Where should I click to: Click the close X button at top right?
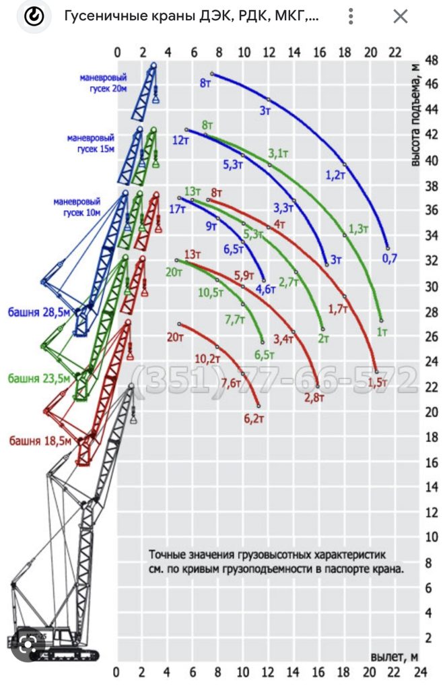pos(401,17)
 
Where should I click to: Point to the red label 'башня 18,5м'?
pos(40,441)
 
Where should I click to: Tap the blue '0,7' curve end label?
pos(389,258)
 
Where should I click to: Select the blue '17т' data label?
pos(177,210)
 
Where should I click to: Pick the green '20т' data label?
pos(174,272)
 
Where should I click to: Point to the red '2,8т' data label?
pos(314,398)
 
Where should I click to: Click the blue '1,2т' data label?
pos(335,175)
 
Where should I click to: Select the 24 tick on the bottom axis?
pos(420,672)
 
